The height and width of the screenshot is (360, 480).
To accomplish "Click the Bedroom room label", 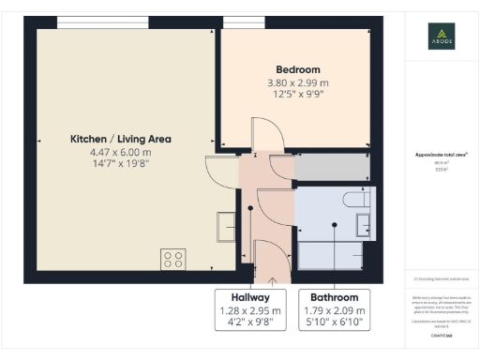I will click(297, 69).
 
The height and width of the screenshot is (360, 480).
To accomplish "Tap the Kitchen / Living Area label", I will click(121, 139).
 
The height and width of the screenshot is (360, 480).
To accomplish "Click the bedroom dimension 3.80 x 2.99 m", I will click(297, 82).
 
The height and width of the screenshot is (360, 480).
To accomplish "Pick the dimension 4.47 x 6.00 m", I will click(121, 152).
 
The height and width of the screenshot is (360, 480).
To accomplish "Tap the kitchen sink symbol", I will click(226, 226).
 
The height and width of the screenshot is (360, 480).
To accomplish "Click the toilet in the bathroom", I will click(356, 199).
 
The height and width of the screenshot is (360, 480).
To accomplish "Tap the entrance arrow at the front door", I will click(272, 277).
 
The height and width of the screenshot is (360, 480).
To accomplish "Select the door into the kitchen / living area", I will click(221, 169).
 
